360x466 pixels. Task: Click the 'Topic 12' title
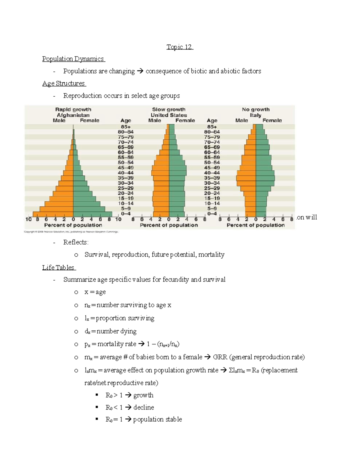coord(179,47)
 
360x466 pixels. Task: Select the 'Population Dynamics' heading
coord(73,59)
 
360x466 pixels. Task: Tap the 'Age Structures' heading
coord(64,83)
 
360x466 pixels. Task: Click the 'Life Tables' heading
coord(58,267)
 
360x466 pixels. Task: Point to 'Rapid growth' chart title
coord(73,110)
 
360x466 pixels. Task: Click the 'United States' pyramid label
coord(169,115)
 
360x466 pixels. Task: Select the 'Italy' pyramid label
coord(256,115)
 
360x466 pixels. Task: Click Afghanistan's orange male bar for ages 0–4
coord(53,214)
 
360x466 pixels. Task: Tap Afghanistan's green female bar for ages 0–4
coord(92,214)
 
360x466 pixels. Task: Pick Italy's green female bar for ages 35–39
coord(265,178)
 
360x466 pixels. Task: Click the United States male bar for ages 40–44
coord(160,173)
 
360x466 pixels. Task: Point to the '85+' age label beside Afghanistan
coord(126,127)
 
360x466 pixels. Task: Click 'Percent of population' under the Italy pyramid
coord(256,225)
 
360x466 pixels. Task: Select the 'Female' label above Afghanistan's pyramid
coord(89,120)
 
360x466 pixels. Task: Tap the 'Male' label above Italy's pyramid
coord(241,120)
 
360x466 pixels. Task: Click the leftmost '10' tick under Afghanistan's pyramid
coord(28,219)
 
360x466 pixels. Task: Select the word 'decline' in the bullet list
coord(144,407)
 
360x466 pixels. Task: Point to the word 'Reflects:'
coord(76,242)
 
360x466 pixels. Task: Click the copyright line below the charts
coord(71,232)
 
